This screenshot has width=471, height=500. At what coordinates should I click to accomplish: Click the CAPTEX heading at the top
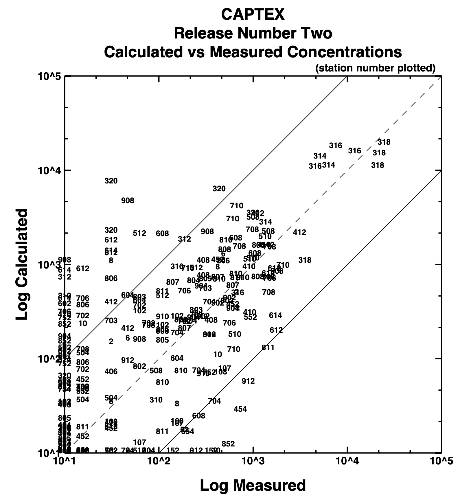pos(253,14)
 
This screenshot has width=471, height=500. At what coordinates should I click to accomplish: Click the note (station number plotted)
pos(375,68)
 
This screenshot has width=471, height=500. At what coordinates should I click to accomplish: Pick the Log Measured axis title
pos(253,485)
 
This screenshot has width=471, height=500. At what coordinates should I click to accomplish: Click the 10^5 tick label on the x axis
pos(441,460)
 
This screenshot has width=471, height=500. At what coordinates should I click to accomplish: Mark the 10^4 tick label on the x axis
pos(347,460)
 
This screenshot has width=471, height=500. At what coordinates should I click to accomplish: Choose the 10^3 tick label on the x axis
pos(253,460)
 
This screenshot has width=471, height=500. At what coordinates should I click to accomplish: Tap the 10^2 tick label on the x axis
pos(159,460)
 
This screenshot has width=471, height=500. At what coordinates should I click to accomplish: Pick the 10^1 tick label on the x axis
pos(64,460)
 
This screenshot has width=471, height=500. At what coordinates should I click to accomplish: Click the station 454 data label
pos(240,409)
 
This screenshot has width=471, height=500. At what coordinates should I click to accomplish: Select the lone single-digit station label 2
pos(111,342)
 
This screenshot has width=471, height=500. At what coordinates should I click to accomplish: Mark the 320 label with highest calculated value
pos(111,181)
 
